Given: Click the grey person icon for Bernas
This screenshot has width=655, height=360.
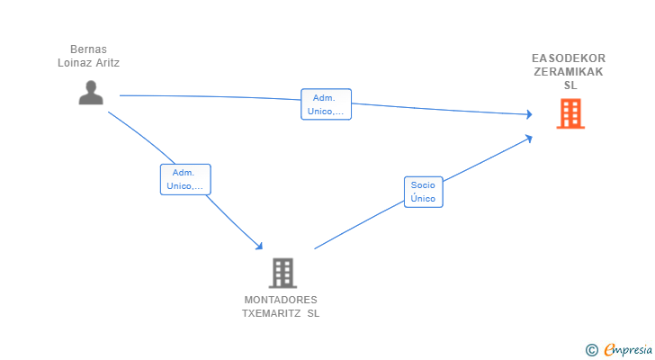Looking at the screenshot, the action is point(91,93).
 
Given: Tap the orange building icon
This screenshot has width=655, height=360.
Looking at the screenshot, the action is point(570,113).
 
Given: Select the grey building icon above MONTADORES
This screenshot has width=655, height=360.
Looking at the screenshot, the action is point(283,273).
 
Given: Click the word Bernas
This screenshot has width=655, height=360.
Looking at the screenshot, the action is point(88,49).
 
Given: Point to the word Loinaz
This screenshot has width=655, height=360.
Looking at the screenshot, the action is point(76,63).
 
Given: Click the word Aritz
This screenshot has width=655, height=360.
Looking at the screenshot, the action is point(108,63).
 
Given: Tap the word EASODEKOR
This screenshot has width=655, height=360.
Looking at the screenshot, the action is point(569,58).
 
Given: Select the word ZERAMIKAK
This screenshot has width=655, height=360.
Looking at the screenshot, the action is point(569,72).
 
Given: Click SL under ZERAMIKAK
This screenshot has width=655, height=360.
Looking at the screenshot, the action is point(570,85).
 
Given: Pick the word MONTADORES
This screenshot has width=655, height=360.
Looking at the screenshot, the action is point(281,300).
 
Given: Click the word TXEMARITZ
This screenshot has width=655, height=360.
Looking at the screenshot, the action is point(272,313).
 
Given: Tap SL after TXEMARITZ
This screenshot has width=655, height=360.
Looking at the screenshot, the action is point(313,313).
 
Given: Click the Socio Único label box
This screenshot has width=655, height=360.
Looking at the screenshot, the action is point(423,192).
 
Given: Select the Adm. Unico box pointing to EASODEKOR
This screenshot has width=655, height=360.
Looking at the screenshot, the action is point(326,104).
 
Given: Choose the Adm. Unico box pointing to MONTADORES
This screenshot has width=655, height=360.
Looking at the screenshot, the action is point(185,179).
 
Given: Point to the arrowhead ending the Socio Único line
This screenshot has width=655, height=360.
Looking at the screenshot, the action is point(529,138).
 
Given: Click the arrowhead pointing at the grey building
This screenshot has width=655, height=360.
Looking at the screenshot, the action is point(259,247).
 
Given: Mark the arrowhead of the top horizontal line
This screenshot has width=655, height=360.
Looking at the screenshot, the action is point(529,114).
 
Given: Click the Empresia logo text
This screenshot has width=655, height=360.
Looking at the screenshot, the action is point(628,349).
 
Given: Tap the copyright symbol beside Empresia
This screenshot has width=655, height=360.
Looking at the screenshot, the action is point(592,350).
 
